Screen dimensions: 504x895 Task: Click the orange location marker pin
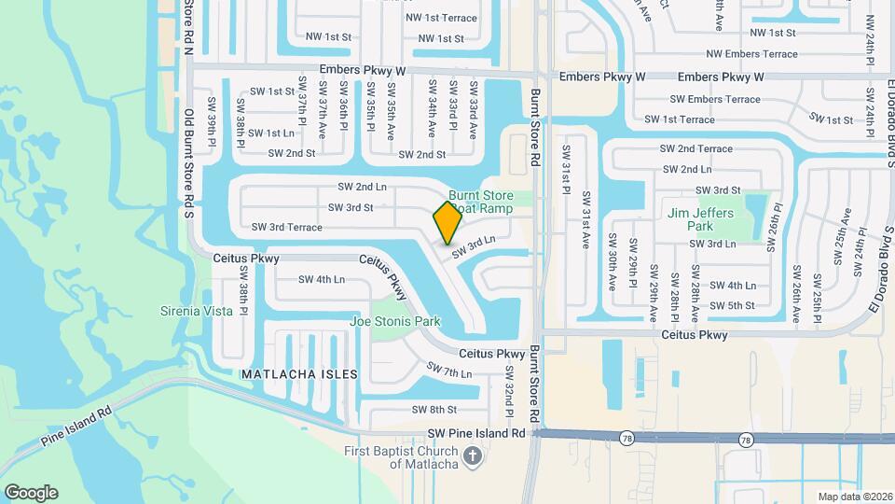447,222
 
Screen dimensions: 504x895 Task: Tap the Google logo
31,492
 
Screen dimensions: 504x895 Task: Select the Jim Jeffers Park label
703,219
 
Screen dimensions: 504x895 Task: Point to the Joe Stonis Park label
394,321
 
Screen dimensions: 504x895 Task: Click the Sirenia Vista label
197,311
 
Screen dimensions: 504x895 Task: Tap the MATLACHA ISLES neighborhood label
299,373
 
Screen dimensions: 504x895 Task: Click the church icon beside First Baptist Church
472,455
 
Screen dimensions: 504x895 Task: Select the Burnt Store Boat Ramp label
481,202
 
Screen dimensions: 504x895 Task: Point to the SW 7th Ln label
449,371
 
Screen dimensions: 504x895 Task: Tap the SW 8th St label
434,409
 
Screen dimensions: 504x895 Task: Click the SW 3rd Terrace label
286,227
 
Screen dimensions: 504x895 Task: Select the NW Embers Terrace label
751,54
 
